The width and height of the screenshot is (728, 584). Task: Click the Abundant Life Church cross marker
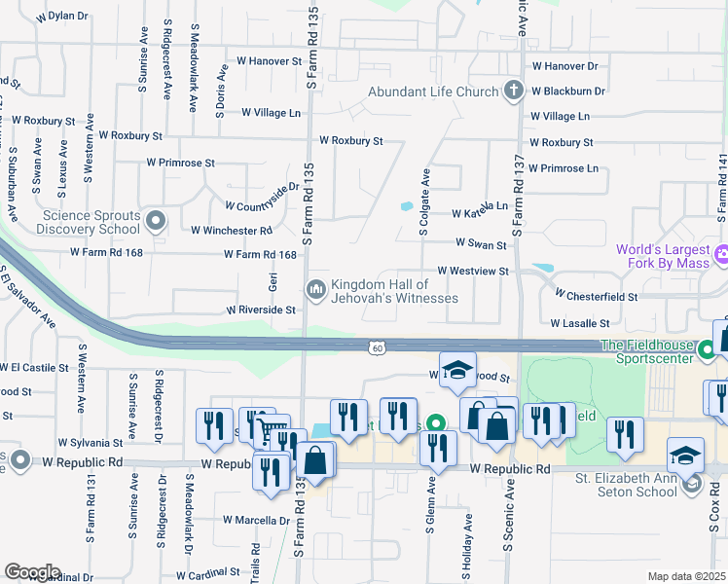[514, 91]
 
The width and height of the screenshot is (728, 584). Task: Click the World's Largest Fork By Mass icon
[721, 258]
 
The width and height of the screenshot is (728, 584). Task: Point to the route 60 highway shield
[377, 347]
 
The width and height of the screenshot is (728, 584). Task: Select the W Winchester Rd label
[232, 231]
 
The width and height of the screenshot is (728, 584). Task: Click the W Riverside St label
[261, 310]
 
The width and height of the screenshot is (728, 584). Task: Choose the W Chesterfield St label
[596, 294]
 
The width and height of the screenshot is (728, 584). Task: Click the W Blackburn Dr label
[568, 91]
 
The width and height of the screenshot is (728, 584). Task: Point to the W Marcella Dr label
[257, 520]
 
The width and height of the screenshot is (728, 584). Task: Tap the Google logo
[32, 572]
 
